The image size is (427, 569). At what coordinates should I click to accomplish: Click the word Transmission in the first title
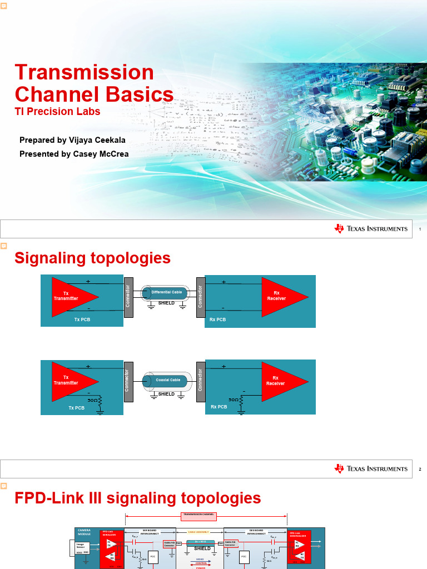84,72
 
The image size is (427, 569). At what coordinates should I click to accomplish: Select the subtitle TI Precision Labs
57,111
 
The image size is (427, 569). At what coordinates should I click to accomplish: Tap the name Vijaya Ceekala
91,139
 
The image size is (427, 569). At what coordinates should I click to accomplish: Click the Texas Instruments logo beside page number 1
371,229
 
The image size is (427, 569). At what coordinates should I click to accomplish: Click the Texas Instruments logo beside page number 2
371,469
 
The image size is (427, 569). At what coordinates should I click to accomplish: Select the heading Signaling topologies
92,258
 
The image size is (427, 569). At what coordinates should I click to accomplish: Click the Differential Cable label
167,292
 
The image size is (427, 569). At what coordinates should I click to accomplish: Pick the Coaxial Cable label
168,380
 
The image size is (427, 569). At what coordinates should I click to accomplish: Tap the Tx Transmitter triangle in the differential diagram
69,296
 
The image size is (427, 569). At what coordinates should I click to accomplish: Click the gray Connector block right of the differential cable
201,297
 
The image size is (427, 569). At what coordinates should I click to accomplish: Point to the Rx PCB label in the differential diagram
217,320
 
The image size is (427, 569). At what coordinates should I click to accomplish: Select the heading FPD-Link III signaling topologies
137,498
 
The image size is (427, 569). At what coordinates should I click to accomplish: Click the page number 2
420,470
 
